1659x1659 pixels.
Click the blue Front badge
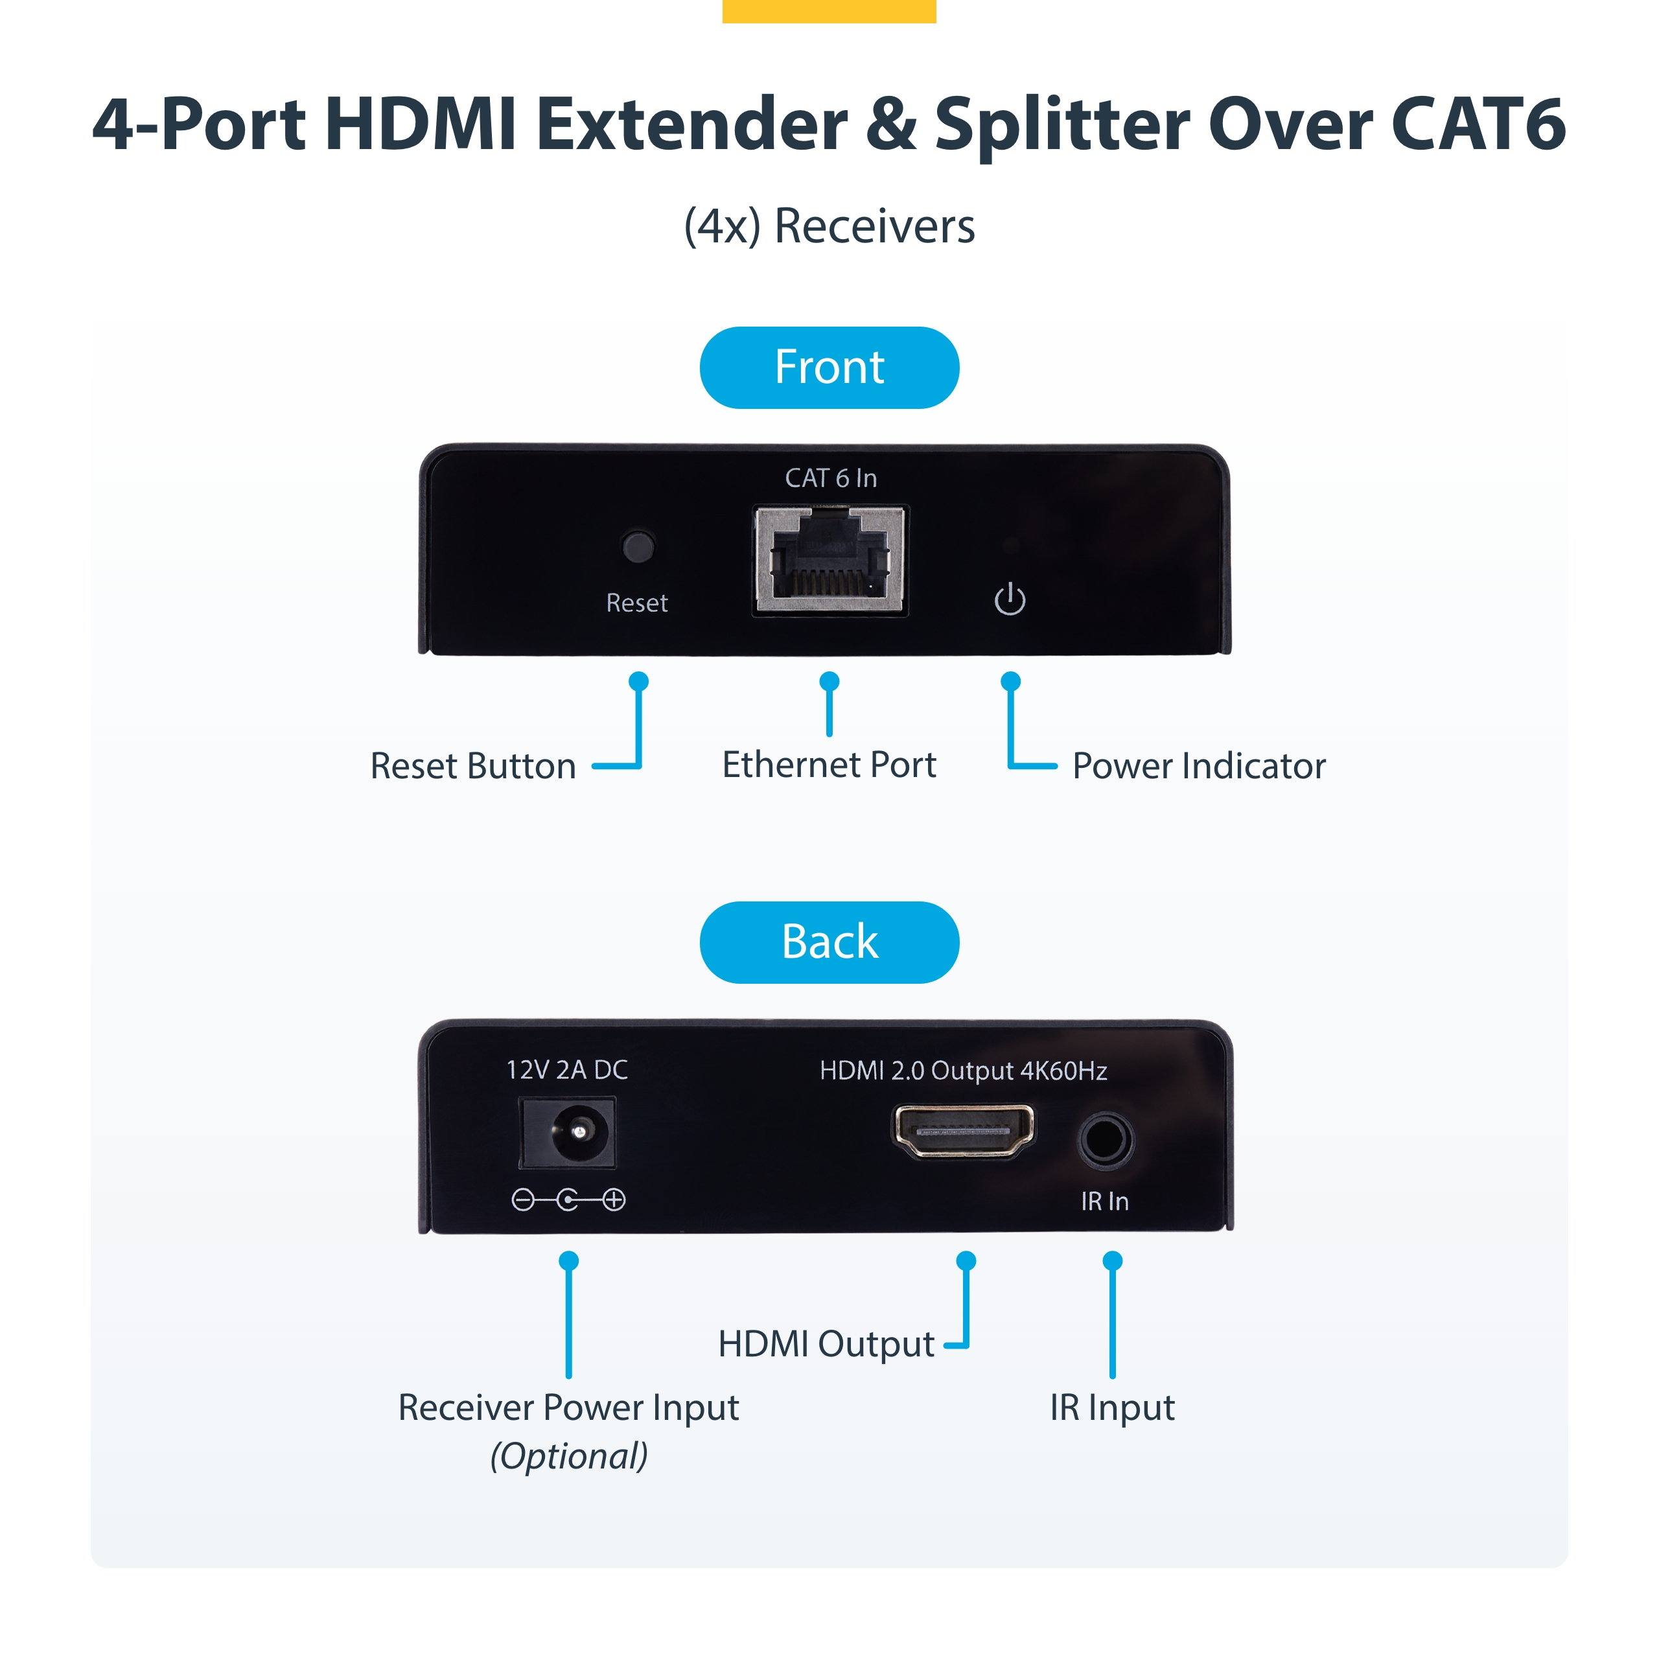coord(829,367)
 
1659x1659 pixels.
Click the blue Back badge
coord(829,942)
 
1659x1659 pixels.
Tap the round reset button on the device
coord(637,547)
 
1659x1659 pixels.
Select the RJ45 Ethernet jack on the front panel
coord(829,560)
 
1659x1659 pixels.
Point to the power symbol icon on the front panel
coord(1010,599)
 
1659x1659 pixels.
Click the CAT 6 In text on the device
coord(830,478)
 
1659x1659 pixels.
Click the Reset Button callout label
coord(472,766)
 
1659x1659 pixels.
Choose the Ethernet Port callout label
coord(829,764)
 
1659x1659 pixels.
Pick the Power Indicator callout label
coord(1199,766)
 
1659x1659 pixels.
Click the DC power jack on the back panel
coord(568,1133)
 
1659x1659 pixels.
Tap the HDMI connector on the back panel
coord(964,1130)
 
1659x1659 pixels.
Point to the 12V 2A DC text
coord(567,1070)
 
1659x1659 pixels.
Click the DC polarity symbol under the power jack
coord(568,1200)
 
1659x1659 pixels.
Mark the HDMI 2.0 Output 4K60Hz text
coord(962,1071)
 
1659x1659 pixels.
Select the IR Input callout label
coord(1112,1408)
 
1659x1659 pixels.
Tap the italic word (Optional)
coord(568,1456)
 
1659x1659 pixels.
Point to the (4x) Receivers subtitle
coord(829,227)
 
